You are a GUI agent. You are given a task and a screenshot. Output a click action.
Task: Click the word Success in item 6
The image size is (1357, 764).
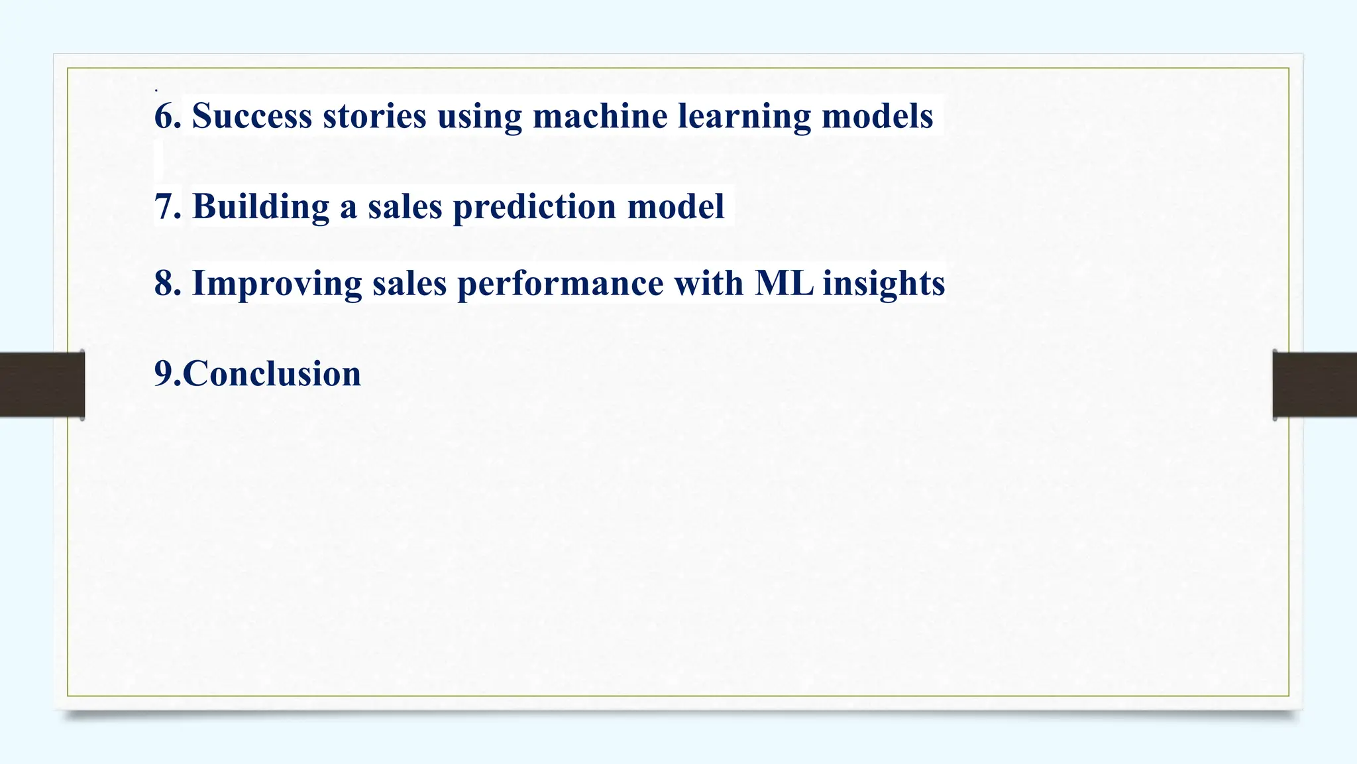point(252,116)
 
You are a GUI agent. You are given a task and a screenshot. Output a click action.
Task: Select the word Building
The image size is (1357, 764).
point(260,206)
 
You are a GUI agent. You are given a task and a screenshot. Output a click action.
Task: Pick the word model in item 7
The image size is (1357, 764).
point(675,206)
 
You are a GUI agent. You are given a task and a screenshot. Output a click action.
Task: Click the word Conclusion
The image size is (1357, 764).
point(272,373)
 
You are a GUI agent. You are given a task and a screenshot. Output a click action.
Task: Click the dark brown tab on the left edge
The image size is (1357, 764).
point(42,385)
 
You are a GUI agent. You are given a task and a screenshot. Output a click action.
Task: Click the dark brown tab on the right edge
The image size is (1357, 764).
point(1315,385)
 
